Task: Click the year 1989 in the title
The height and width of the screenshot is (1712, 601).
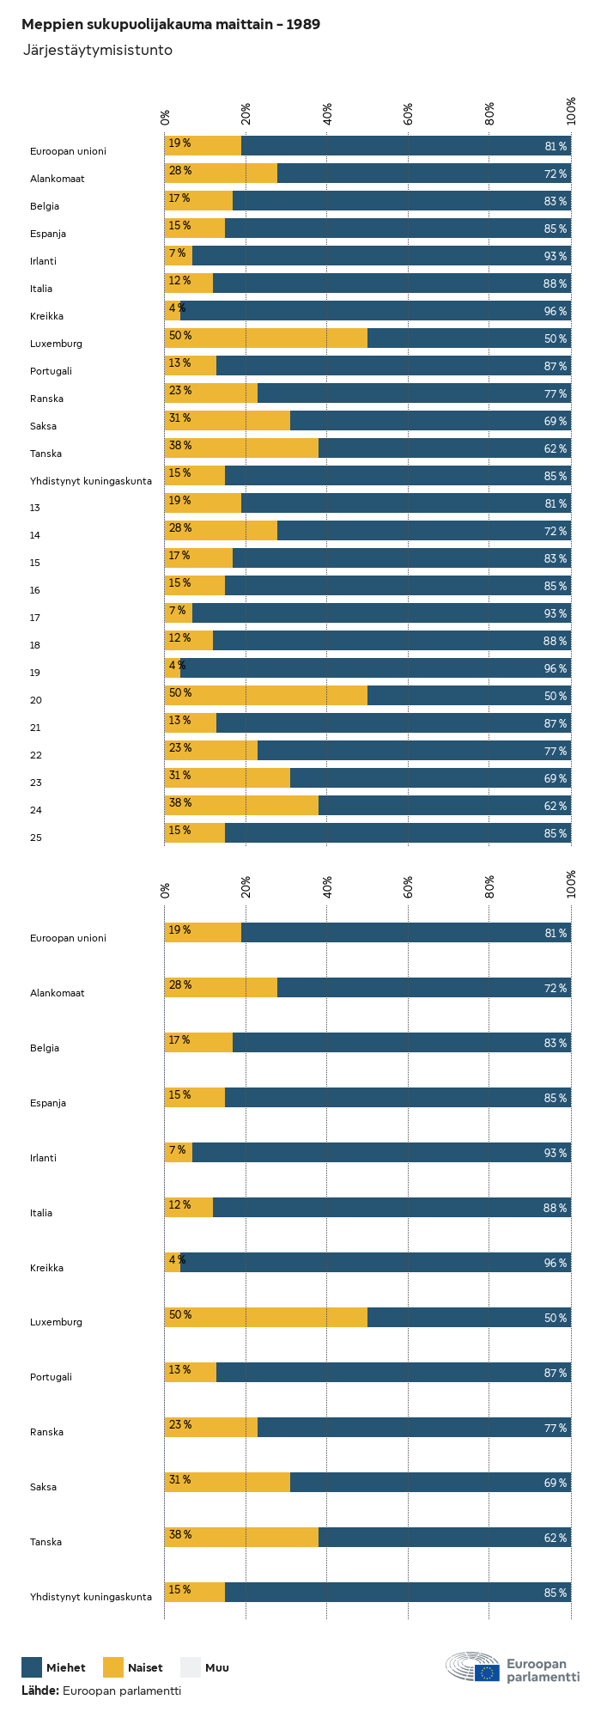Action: tap(303, 25)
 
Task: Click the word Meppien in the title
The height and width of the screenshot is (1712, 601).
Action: tap(47, 25)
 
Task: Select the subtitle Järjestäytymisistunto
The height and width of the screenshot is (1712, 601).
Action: tap(97, 51)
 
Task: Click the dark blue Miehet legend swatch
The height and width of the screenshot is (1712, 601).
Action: tap(32, 1667)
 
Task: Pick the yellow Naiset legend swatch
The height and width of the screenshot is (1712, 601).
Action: tap(113, 1667)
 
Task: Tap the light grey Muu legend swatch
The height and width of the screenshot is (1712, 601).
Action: tap(191, 1667)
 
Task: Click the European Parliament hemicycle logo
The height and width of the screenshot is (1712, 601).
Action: tap(472, 1667)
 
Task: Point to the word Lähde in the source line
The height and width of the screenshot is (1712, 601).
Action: tap(39, 1691)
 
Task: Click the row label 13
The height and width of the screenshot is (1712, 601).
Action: tap(35, 508)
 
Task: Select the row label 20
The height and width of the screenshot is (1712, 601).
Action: tap(35, 700)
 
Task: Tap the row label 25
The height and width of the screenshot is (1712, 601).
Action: tap(35, 838)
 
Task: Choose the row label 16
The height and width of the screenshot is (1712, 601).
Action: tap(35, 590)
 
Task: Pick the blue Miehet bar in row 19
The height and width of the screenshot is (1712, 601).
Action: tap(375, 668)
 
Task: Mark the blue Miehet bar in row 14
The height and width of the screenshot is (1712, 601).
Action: tap(424, 531)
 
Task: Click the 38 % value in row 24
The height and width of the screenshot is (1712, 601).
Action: tap(180, 803)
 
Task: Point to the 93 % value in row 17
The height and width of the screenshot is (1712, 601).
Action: tap(555, 613)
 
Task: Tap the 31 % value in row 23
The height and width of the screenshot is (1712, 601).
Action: tap(180, 776)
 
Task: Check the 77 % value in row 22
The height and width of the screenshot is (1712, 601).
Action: tap(555, 751)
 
